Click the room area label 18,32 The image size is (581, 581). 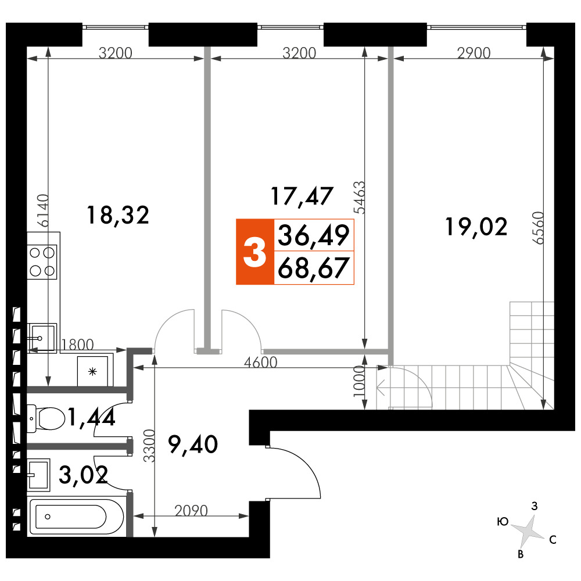click(118, 216)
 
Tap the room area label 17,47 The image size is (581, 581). click(302, 196)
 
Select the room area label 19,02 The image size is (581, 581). click(476, 227)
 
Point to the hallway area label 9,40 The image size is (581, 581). click(193, 444)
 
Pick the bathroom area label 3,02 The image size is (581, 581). click(83, 475)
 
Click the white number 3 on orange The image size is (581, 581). click(254, 252)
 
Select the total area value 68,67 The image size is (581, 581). click(314, 268)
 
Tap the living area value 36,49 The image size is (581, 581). click(314, 235)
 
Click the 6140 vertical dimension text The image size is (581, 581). click(44, 210)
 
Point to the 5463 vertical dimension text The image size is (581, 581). click(359, 198)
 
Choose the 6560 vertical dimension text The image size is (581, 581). click(538, 228)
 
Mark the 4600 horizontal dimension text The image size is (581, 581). click(260, 362)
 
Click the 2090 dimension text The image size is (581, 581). click(191, 511)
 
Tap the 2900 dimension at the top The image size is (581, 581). click(474, 53)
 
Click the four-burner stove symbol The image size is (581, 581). click(42, 261)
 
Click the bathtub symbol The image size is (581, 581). click(77, 517)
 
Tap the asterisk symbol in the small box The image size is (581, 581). click(92, 371)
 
